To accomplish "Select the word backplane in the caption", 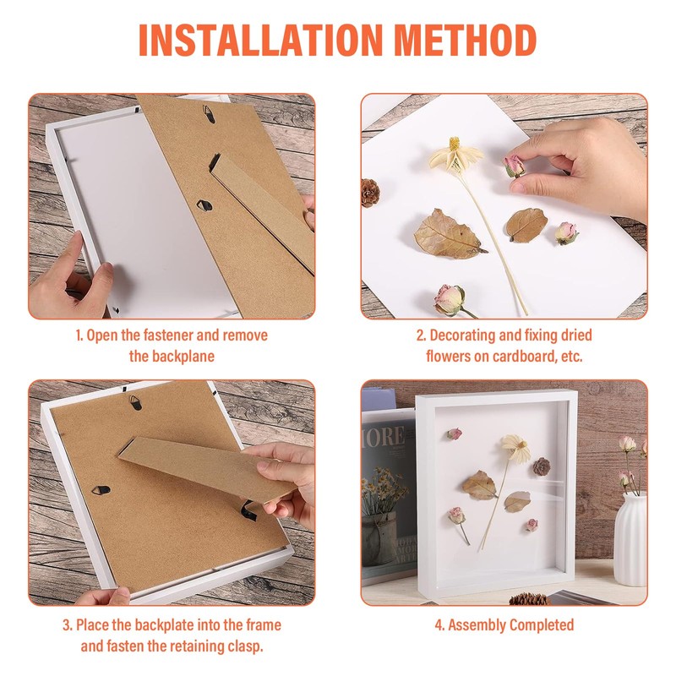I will coord(172,356).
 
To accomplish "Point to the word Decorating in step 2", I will coord(467,335).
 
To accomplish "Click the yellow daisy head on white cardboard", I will coord(455,156).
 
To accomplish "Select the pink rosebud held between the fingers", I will coord(514,166).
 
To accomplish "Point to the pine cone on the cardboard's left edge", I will coord(370,193).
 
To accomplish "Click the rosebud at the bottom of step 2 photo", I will coord(450,298).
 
